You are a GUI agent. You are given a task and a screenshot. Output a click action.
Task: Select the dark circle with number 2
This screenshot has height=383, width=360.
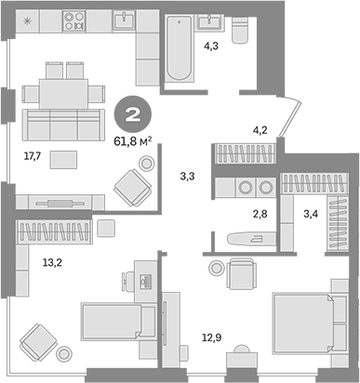coord(132,115)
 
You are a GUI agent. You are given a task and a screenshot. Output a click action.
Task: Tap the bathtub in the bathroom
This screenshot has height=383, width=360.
coord(179,54)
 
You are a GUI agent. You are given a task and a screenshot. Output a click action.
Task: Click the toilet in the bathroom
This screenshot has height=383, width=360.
coord(241,34)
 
